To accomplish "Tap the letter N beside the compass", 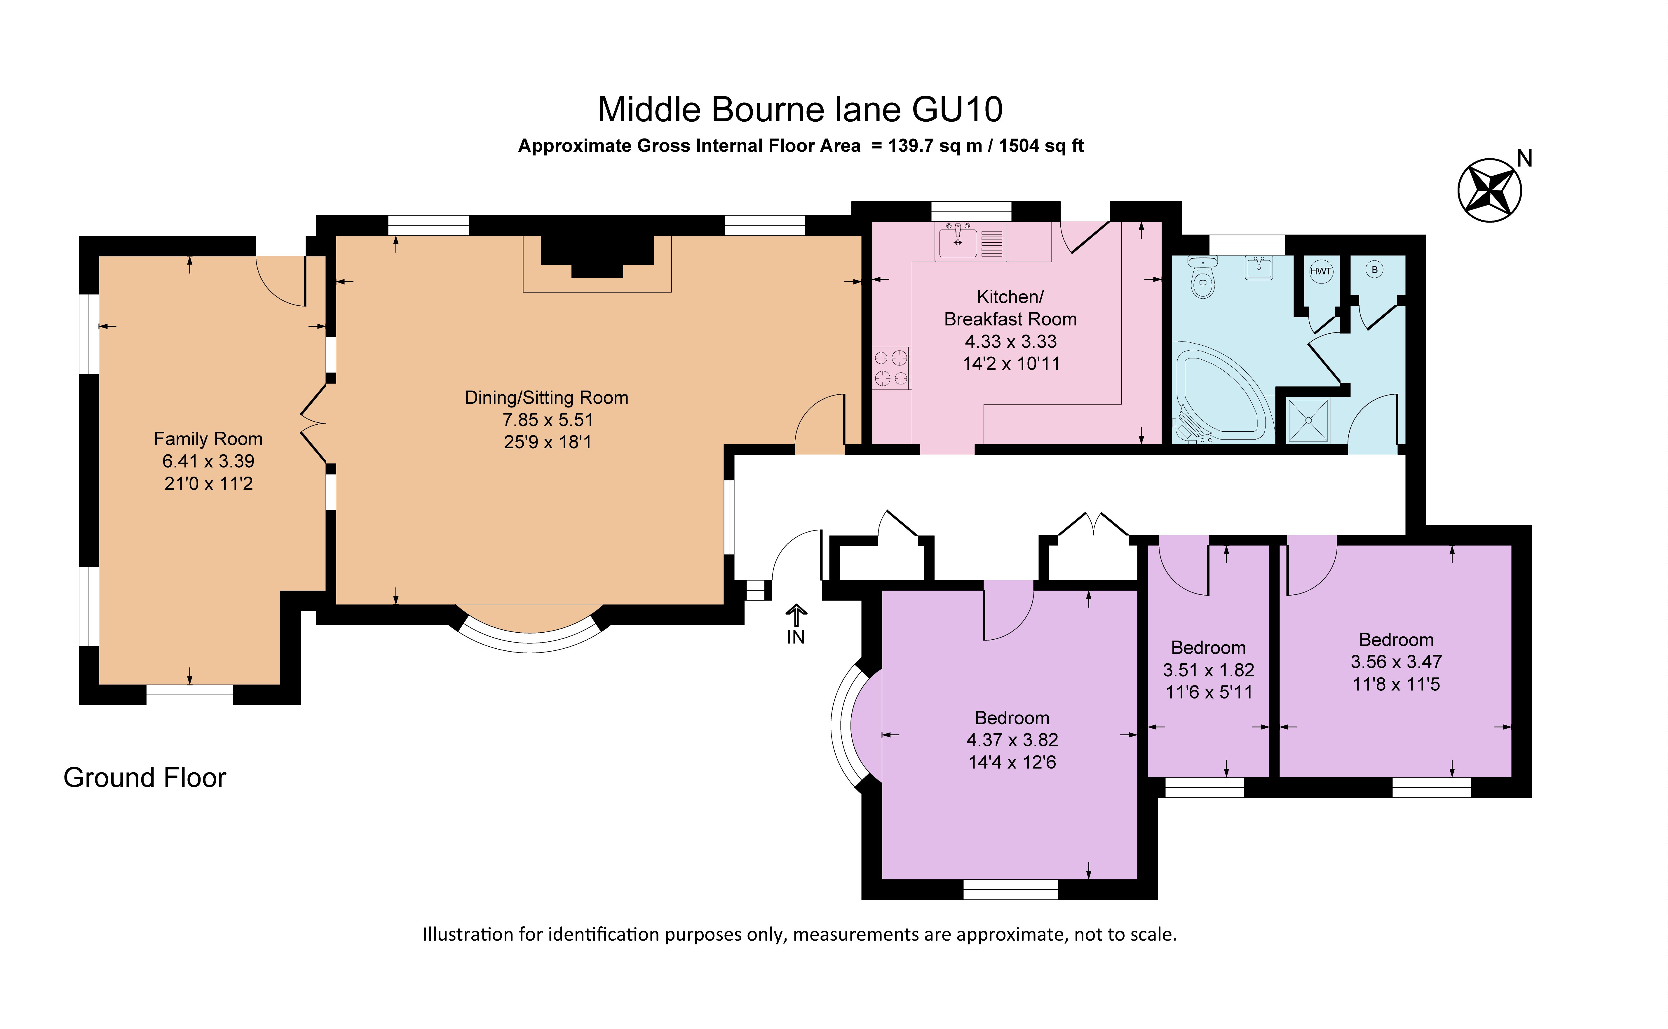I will [1524, 159].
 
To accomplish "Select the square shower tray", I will [1307, 420].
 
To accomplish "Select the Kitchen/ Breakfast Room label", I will [1010, 308].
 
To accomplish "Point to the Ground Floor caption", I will [144, 777].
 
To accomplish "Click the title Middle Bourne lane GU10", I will [800, 110].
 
